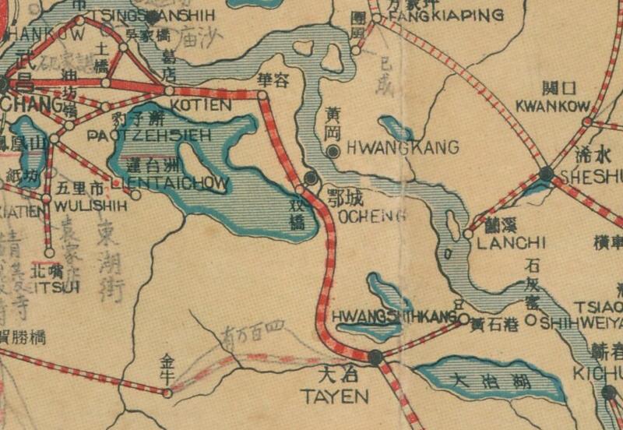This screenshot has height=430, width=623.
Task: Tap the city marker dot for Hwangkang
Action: pos(333,150)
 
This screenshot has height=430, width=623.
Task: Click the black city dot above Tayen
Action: pos(376,358)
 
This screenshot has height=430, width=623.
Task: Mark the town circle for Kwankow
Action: pos(587,122)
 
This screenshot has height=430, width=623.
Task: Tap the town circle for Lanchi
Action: pos(468,233)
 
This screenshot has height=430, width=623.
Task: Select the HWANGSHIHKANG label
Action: pos(392,316)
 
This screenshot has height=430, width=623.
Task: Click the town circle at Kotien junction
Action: pos(170,91)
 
